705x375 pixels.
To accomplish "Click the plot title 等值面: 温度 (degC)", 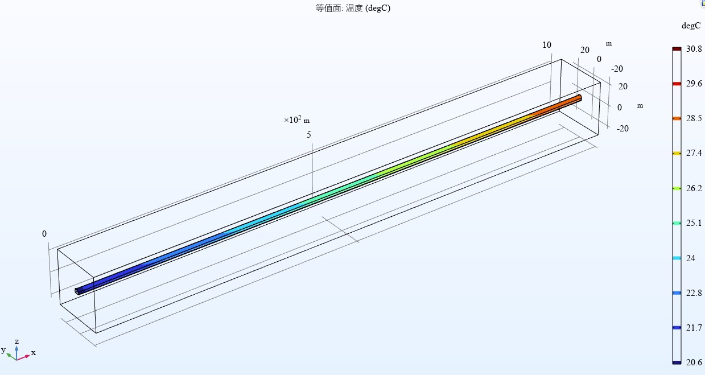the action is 353,8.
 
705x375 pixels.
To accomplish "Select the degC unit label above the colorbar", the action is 691,26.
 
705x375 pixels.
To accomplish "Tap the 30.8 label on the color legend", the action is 694,49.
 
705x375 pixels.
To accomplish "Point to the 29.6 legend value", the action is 694,84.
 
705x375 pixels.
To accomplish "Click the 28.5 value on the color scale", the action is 694,118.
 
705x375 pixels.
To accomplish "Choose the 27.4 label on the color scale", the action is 694,153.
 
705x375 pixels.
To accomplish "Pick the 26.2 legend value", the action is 694,188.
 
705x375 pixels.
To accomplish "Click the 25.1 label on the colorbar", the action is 694,223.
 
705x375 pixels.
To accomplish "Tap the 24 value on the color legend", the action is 691,258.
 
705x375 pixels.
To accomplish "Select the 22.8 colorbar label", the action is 694,293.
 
